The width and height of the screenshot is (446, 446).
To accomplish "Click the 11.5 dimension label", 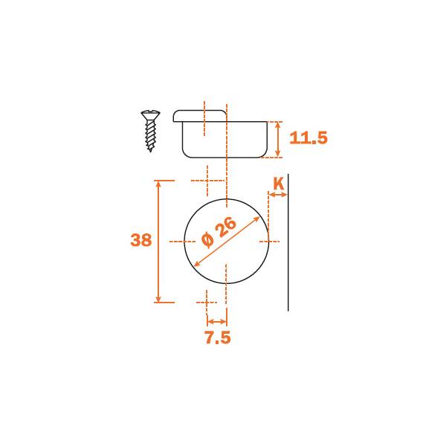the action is point(308,138).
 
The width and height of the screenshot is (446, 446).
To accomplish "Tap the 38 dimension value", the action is point(140,240).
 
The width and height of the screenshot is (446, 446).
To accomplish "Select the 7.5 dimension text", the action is point(218,337).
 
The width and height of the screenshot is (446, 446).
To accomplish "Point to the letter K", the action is point(279,184).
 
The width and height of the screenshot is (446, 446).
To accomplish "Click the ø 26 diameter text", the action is point(219,232).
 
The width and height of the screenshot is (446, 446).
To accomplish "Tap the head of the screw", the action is point(150,114).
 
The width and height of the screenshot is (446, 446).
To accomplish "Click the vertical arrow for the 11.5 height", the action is point(278,140).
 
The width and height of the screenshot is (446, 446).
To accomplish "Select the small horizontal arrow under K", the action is point(278,195).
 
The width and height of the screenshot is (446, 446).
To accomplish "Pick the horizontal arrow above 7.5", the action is point(217,322).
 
